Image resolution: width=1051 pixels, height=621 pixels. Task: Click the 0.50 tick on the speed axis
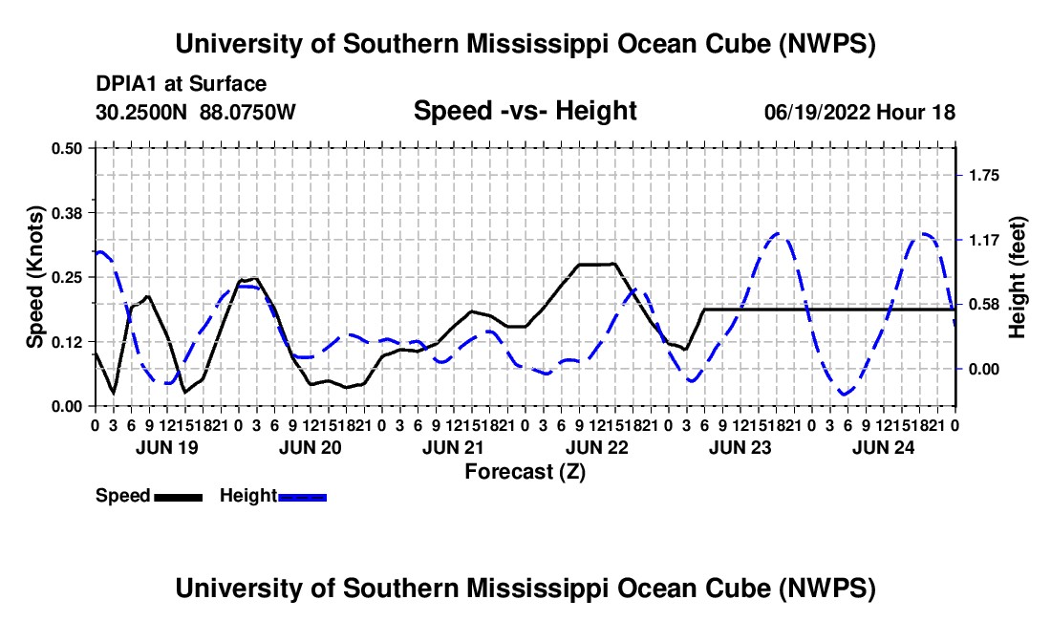[x=66, y=148]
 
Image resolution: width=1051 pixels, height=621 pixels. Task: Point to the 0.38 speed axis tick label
[x=66, y=213]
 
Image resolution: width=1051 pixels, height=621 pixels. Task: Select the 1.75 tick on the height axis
[x=984, y=176]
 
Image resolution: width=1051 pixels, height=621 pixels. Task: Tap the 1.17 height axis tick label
[x=984, y=240]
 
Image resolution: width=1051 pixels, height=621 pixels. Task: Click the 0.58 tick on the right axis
[x=984, y=305]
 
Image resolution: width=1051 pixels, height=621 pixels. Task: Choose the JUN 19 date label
[x=167, y=447]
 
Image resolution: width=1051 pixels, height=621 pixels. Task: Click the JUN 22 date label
[x=597, y=447]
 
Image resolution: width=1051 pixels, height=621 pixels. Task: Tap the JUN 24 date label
[x=884, y=447]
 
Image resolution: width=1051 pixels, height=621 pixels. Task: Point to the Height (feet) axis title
[x=1017, y=277]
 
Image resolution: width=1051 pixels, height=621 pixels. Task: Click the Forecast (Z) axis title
[x=525, y=472]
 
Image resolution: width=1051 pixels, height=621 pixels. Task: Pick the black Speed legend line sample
[x=179, y=497]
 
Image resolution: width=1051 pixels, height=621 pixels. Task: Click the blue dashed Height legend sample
[x=302, y=497]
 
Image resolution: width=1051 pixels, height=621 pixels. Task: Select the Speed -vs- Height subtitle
[x=525, y=111]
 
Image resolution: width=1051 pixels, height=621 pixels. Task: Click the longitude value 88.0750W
[x=247, y=112]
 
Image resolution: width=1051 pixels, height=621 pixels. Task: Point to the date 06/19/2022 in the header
[x=817, y=113]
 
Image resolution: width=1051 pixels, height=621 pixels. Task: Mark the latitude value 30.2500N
[x=141, y=112]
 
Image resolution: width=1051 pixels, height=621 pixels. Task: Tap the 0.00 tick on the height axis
[x=984, y=369]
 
